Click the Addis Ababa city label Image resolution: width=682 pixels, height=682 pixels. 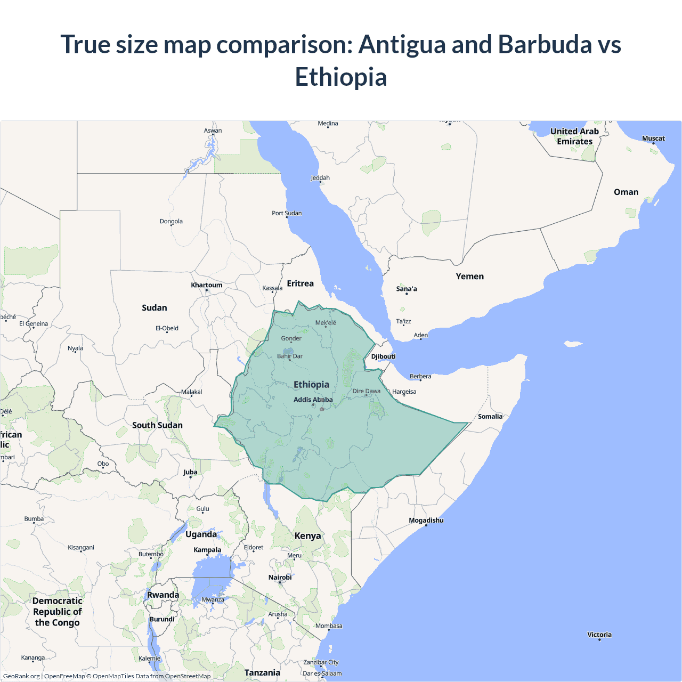point(313,400)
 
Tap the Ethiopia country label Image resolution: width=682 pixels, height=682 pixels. point(311,385)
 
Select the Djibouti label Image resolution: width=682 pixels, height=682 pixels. point(383,356)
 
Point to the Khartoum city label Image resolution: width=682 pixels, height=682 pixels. point(207,285)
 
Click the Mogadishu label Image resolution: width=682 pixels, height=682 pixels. point(426,521)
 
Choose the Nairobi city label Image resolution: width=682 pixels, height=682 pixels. point(280,578)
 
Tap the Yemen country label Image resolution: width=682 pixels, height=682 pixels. point(469,277)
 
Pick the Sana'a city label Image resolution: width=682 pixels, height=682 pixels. point(407,289)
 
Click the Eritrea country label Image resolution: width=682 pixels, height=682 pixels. point(300,283)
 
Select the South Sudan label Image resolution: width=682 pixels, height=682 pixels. point(157,425)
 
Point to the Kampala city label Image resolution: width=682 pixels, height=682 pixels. point(207,550)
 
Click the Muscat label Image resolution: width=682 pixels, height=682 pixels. point(653,139)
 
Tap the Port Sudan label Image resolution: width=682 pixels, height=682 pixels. point(287,213)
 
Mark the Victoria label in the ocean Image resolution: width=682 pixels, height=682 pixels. point(599,635)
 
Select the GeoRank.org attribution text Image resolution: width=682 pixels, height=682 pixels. point(21,676)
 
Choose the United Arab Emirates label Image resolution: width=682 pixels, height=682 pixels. point(574,136)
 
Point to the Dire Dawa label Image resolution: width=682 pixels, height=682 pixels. point(367,391)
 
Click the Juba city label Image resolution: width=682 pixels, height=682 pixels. point(190,472)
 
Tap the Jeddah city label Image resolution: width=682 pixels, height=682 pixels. point(320,178)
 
